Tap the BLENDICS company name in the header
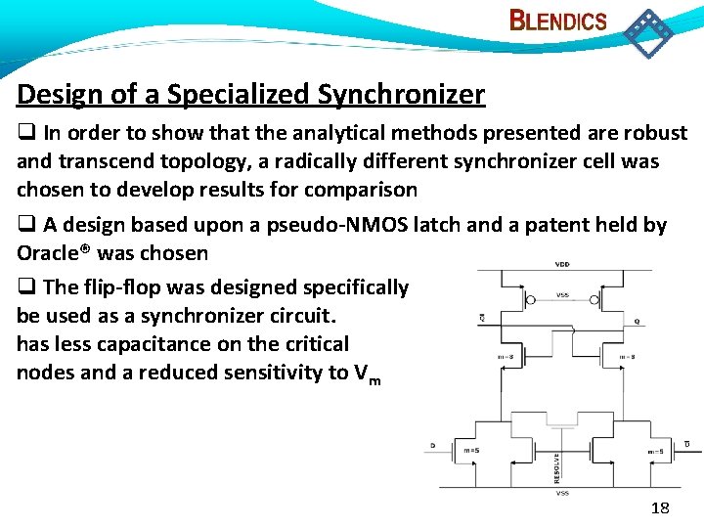558,22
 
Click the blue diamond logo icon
648,31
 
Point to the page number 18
661,506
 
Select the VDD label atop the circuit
563,264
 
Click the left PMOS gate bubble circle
530,301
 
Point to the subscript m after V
375,378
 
